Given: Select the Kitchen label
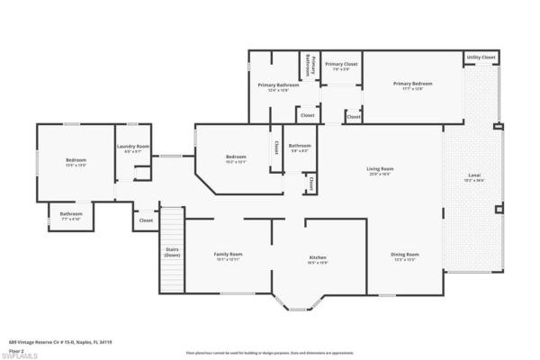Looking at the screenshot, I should click(x=318, y=258).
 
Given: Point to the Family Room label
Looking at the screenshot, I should click(x=228, y=255).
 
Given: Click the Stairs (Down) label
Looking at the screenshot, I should click(x=173, y=253).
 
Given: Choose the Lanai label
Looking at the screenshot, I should click(x=473, y=175).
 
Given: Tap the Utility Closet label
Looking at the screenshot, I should click(x=481, y=58).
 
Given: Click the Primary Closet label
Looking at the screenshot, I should click(x=341, y=65).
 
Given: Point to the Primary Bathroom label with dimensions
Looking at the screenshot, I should click(x=278, y=86).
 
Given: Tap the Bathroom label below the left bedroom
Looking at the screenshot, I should click(x=71, y=216).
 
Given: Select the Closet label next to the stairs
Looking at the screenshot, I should click(x=146, y=220).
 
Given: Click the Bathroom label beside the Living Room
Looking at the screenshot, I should click(x=299, y=147).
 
